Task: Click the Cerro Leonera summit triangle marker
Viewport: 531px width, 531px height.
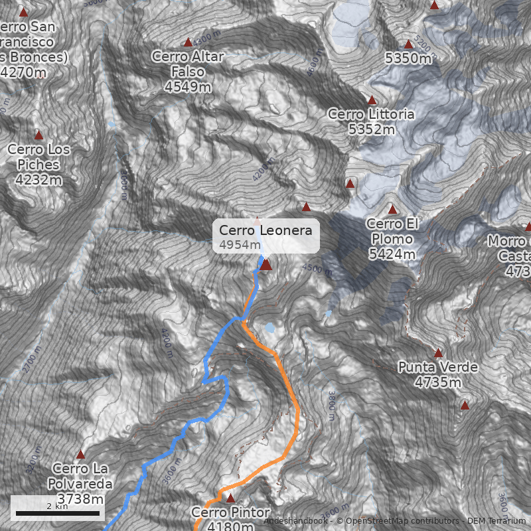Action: click(265, 265)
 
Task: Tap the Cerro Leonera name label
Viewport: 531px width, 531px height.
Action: click(265, 230)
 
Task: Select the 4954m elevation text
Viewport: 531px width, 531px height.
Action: click(240, 245)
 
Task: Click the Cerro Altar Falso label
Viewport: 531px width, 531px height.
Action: click(188, 64)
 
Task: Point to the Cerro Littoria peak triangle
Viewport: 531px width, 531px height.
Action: click(372, 100)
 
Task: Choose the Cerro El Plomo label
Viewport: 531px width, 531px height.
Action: click(392, 231)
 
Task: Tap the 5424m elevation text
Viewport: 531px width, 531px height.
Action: click(392, 254)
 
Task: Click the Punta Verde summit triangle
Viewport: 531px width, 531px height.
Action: click(438, 352)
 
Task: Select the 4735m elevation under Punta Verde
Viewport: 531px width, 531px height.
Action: click(438, 382)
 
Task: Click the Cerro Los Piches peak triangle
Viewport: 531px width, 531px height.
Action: click(38, 135)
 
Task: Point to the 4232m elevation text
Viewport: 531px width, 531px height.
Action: click(38, 179)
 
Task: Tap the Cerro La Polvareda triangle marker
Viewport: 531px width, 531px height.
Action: click(81, 455)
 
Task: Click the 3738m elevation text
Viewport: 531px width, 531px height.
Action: click(81, 498)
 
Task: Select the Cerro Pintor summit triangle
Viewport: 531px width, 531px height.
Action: click(231, 498)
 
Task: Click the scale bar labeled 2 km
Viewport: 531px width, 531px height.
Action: click(58, 512)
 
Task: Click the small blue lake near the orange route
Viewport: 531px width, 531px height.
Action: click(269, 327)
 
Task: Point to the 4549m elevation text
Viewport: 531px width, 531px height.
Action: click(188, 86)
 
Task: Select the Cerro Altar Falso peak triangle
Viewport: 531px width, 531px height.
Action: click(188, 42)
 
